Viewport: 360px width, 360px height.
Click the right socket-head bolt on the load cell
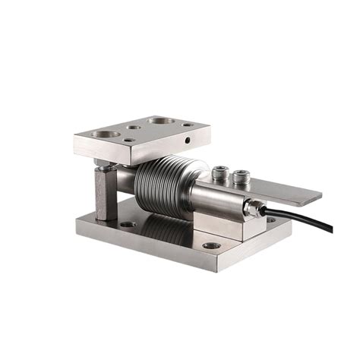(242, 178)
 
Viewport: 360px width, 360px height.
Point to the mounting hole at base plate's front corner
(212, 245)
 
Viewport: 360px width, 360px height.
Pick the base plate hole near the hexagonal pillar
(128, 224)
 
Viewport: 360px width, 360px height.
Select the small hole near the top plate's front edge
(130, 141)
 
